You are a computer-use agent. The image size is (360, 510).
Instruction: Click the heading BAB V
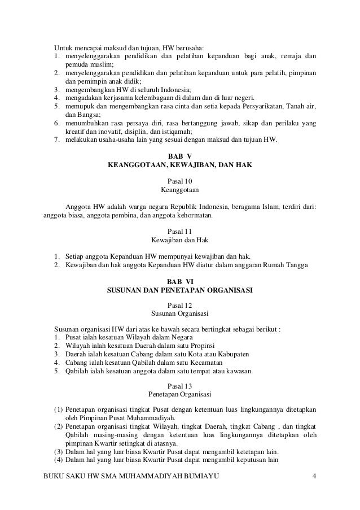click(x=180, y=155)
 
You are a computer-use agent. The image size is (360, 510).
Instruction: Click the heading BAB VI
click(x=180, y=281)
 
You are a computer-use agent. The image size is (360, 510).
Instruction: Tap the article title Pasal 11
click(x=180, y=231)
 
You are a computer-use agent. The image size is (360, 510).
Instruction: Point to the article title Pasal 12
click(x=180, y=306)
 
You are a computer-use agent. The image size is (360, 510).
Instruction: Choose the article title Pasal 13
click(x=180, y=386)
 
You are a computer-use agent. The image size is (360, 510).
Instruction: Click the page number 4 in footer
click(x=314, y=481)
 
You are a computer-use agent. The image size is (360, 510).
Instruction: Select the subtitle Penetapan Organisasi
click(x=180, y=395)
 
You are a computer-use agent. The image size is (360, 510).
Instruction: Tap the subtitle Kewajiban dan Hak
click(x=180, y=240)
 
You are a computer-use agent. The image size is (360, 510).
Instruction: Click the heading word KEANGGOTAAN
click(x=134, y=165)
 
